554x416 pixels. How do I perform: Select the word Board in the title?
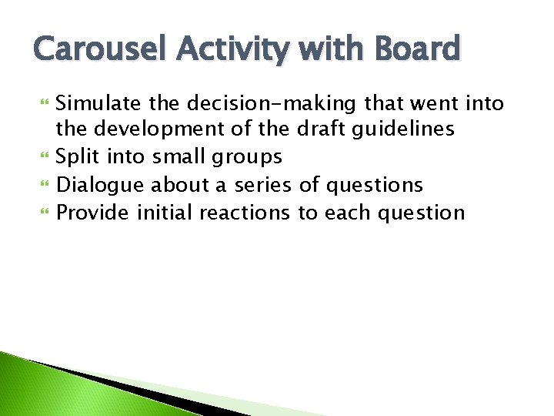pos(416,49)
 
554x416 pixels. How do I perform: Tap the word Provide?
pos(94,213)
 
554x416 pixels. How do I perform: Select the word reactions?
pos(245,213)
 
